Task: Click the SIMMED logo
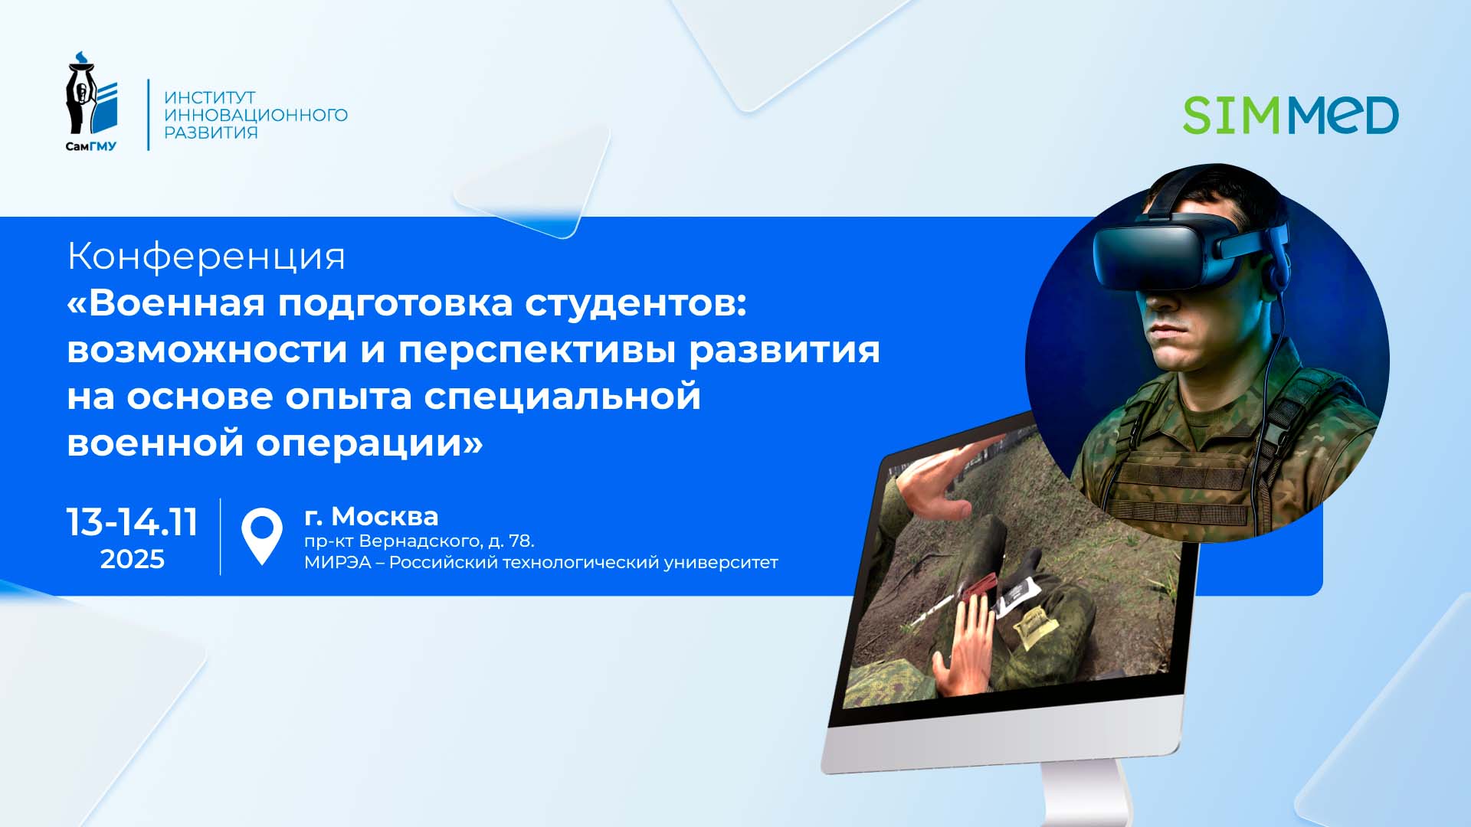1290,116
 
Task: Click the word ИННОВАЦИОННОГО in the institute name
256,115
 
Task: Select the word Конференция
206,257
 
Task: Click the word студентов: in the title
635,303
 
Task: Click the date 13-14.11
133,523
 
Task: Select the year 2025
133,560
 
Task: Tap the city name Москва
385,517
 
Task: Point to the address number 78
521,541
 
